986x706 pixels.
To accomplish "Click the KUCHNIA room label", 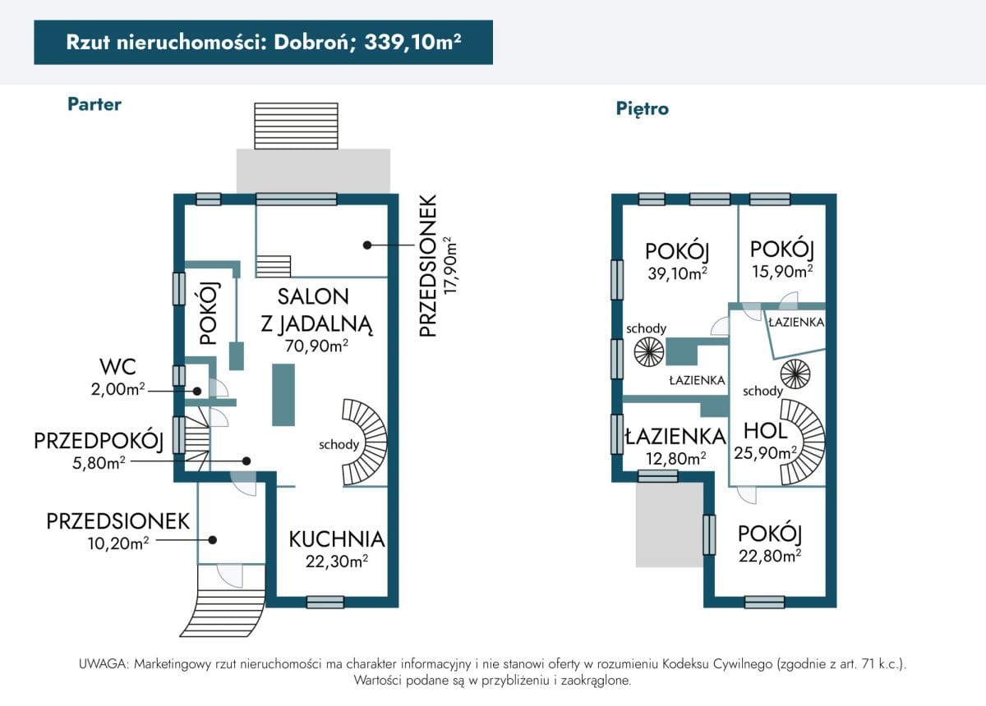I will tap(336, 539).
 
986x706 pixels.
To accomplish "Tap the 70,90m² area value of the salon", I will tap(316, 346).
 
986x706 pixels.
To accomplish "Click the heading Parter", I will tap(94, 104).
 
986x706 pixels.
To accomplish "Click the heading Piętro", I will tap(642, 108).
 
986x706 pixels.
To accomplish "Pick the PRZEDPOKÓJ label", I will tap(99, 441).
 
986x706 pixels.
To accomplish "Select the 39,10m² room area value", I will tap(678, 273).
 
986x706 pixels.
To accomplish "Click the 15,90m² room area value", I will tap(781, 270).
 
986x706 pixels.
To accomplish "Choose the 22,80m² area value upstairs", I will tap(769, 556).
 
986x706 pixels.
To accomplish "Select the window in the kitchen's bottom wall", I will tap(325, 602).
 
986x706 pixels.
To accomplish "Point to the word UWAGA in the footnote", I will tap(102, 663).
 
